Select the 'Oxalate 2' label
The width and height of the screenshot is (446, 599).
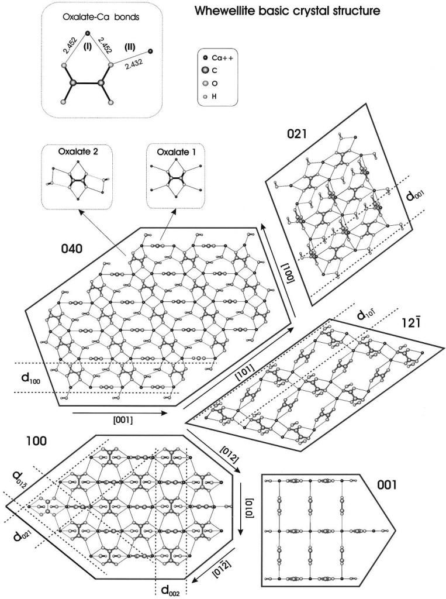coord(77,153)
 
